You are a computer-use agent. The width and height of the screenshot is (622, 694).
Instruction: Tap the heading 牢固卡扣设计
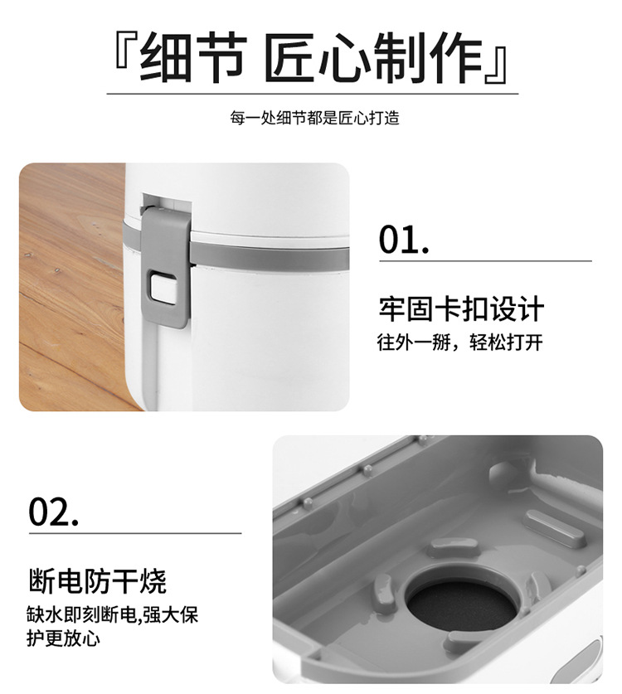[461, 309]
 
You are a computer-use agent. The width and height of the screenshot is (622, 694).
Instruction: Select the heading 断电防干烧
[97, 580]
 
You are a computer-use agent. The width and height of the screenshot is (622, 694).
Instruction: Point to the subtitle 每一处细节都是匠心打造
[315, 118]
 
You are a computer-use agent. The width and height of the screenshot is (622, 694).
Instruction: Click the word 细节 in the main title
[192, 60]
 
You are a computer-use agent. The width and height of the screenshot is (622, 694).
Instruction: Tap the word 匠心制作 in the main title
[372, 60]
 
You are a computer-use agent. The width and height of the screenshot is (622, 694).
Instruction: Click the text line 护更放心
[65, 640]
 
